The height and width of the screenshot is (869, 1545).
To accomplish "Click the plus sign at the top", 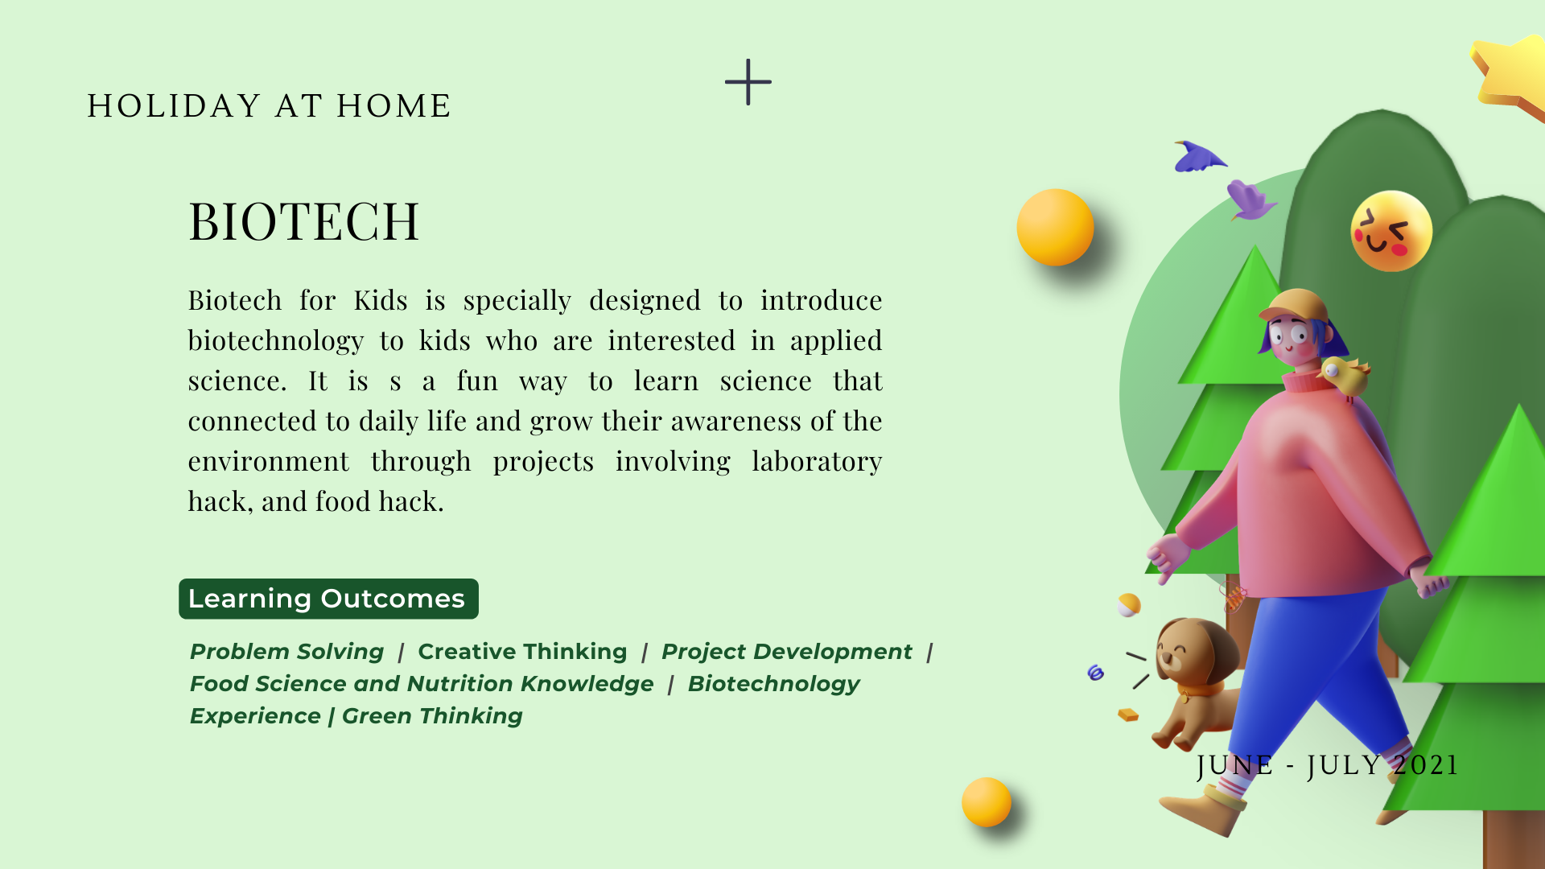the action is pos(748,82).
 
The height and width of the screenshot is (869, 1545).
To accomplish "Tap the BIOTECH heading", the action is pos(304,221).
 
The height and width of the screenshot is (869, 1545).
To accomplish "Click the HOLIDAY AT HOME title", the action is pos(270,106).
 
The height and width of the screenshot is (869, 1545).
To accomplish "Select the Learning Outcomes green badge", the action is pos(328,599).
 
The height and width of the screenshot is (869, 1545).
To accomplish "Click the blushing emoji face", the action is pos(1391,231).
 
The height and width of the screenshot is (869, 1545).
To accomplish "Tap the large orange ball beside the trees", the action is pos(1055,227).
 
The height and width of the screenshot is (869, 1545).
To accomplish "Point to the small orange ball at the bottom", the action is pos(987,802).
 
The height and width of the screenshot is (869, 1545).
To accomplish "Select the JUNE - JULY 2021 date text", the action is pos(1328,765).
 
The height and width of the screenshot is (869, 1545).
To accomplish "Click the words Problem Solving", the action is pos(287,652).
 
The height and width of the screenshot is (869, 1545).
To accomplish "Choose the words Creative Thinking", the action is pos(522,652).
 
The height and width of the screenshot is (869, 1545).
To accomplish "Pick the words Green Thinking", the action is pos(432,716).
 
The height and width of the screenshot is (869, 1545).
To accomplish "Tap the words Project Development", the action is pos(787,652).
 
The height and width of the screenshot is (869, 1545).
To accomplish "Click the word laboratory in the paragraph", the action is pos(817,462).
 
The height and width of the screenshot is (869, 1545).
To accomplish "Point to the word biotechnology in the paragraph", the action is pos(276,341).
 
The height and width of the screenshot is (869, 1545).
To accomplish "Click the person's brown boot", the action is pos(1202,811).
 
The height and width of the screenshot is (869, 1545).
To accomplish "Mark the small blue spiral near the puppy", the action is pos(1095,673).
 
